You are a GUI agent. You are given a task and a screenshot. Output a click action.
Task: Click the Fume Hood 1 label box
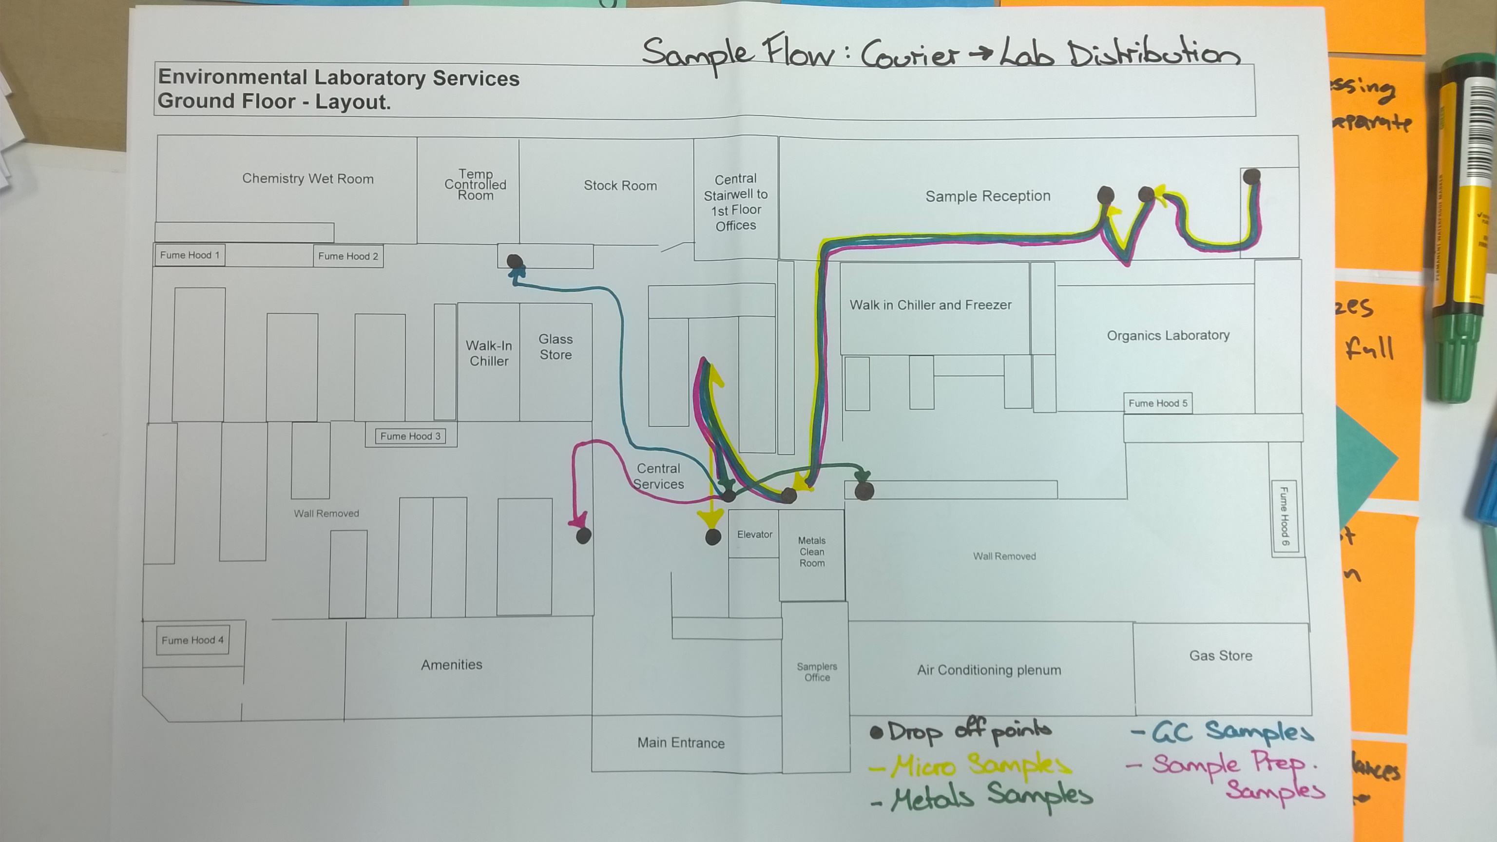point(190,255)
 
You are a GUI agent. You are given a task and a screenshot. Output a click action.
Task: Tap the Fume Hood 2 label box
point(348,256)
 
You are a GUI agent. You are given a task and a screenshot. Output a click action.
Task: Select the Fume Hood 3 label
point(410,436)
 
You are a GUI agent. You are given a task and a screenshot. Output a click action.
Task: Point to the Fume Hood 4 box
point(192,640)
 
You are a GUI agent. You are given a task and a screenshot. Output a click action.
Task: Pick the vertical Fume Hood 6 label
point(1285,517)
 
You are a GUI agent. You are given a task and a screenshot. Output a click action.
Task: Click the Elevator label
point(754,535)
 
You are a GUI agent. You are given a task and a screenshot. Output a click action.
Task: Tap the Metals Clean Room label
point(812,552)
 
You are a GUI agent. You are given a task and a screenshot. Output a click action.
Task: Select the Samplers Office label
point(817,672)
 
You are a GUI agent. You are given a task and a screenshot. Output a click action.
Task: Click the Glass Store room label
point(556,347)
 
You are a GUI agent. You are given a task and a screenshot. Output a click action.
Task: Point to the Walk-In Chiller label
point(489,353)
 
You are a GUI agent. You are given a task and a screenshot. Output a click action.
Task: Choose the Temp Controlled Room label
point(476,185)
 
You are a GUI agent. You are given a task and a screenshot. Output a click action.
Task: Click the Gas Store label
point(1220,655)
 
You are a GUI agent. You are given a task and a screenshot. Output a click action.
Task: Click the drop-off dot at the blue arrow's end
point(514,262)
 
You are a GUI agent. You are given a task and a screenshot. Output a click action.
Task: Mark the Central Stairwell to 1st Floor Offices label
point(736,202)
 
